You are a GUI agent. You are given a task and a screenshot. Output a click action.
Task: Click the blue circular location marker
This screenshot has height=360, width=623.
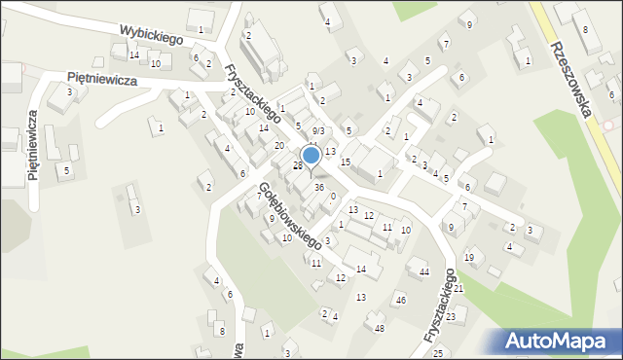click(x=311, y=155)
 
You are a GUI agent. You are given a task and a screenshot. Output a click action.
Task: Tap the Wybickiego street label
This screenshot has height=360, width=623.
click(x=153, y=35)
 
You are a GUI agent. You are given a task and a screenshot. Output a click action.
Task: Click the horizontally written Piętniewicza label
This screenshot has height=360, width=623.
click(x=101, y=79)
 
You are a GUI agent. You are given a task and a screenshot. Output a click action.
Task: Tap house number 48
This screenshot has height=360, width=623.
click(x=379, y=328)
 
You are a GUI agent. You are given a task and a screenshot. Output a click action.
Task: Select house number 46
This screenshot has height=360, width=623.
click(x=400, y=300)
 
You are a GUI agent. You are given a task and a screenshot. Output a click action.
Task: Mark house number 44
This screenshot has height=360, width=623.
click(x=423, y=271)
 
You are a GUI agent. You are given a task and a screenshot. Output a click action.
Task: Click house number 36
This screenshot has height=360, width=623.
click(x=318, y=188)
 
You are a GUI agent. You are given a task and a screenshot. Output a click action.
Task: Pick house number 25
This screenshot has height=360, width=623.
click(x=438, y=352)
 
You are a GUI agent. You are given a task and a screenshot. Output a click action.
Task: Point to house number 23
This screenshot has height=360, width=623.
click(x=451, y=317)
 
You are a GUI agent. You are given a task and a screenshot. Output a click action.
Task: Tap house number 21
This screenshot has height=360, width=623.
click(x=458, y=289)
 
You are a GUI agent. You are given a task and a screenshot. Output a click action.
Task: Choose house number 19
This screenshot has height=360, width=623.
click(x=468, y=257)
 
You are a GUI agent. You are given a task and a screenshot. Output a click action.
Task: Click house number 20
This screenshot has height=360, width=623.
click(x=279, y=146)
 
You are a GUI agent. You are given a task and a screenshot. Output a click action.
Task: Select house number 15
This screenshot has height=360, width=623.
click(x=345, y=162)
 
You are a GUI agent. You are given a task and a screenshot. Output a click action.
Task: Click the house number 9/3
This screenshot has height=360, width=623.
click(x=318, y=130)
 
